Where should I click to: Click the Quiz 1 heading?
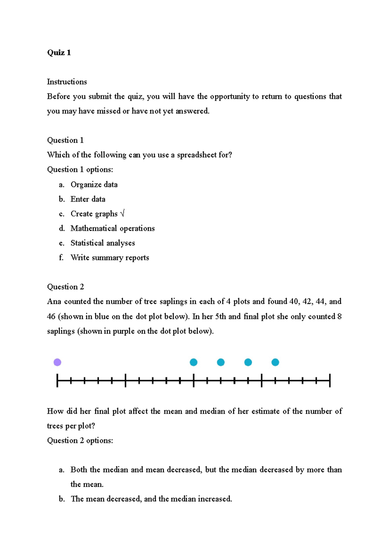tap(59, 53)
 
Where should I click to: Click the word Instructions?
tap(67, 82)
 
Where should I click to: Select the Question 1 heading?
tap(65, 140)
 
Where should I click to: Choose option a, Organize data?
tap(94, 185)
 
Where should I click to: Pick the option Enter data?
tap(88, 199)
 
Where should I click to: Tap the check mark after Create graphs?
tap(122, 214)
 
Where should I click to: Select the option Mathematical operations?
tap(112, 228)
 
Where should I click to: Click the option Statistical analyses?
tap(102, 243)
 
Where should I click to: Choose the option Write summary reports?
tap(110, 258)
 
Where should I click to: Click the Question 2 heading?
tap(65, 287)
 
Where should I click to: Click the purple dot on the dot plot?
tap(57, 362)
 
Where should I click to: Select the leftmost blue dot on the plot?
tap(194, 362)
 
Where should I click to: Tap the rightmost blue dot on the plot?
tap(275, 362)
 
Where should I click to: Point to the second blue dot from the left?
tap(221, 362)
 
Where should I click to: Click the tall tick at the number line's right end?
tap(330, 380)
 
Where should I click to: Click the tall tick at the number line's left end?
tap(57, 380)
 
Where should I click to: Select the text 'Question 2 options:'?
tap(80, 441)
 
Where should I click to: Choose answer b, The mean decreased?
tap(151, 499)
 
